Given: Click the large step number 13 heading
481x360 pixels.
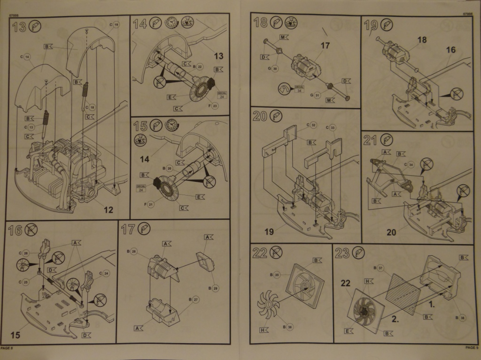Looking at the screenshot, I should click(19, 26).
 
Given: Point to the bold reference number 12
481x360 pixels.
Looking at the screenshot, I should click(109, 210).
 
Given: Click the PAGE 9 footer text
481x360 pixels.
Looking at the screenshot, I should click(471, 348).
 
